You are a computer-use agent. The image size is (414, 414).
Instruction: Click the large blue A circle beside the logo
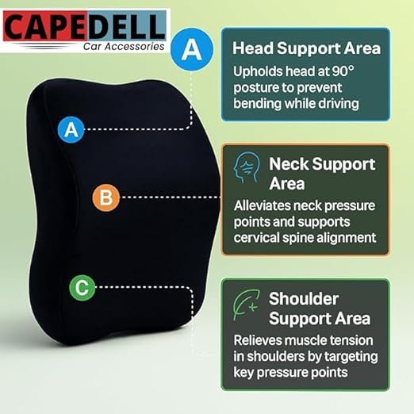pos(192,49)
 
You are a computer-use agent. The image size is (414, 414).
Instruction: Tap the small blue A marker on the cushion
pos(71,129)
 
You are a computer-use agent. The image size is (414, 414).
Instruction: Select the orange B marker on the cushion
pos(106,197)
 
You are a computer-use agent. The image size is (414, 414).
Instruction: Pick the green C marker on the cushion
pos(82,288)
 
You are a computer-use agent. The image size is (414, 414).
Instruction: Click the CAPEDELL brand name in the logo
pos(84,27)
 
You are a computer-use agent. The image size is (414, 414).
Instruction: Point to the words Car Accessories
pos(124,47)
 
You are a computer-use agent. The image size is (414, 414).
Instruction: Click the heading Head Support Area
pos(306,48)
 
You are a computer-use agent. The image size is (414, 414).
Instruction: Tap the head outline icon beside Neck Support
pos(247,167)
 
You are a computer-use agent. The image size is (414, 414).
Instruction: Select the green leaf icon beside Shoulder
pos(247,305)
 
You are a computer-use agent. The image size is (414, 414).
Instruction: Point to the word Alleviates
pos(263,205)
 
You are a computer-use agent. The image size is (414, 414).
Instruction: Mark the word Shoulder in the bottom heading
pos(304,299)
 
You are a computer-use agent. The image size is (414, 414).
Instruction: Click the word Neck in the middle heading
pos(289,164)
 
